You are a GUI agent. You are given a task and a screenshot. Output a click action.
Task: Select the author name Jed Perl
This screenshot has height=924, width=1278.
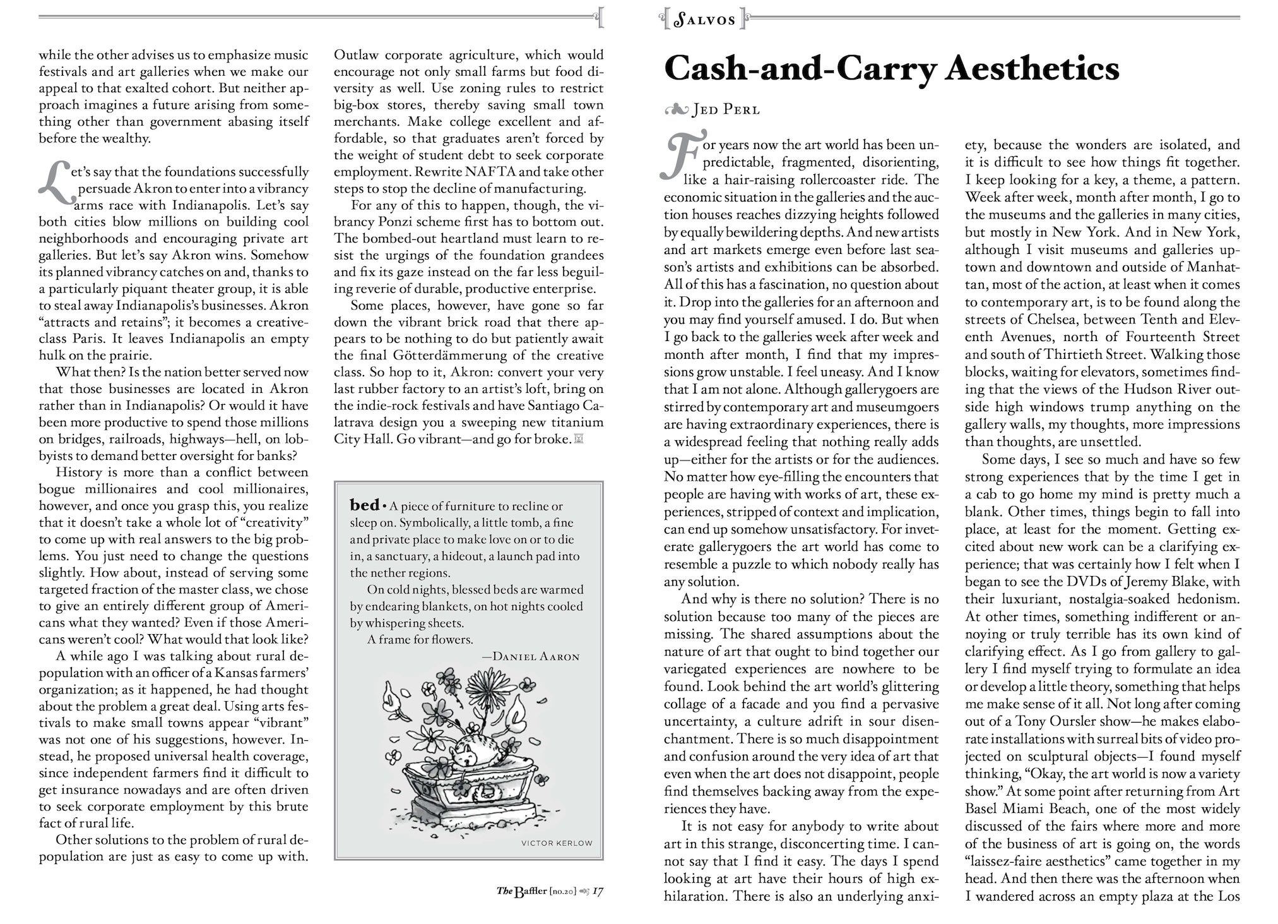click(x=726, y=110)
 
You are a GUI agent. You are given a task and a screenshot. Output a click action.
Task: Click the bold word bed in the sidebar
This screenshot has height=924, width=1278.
click(x=364, y=505)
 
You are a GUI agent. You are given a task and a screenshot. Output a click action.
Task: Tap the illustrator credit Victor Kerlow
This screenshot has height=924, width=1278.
click(x=557, y=843)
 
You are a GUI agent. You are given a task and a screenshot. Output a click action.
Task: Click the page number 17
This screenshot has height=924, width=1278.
click(x=598, y=891)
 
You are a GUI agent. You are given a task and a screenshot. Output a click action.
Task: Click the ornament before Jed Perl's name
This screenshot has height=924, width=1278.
click(x=675, y=110)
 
